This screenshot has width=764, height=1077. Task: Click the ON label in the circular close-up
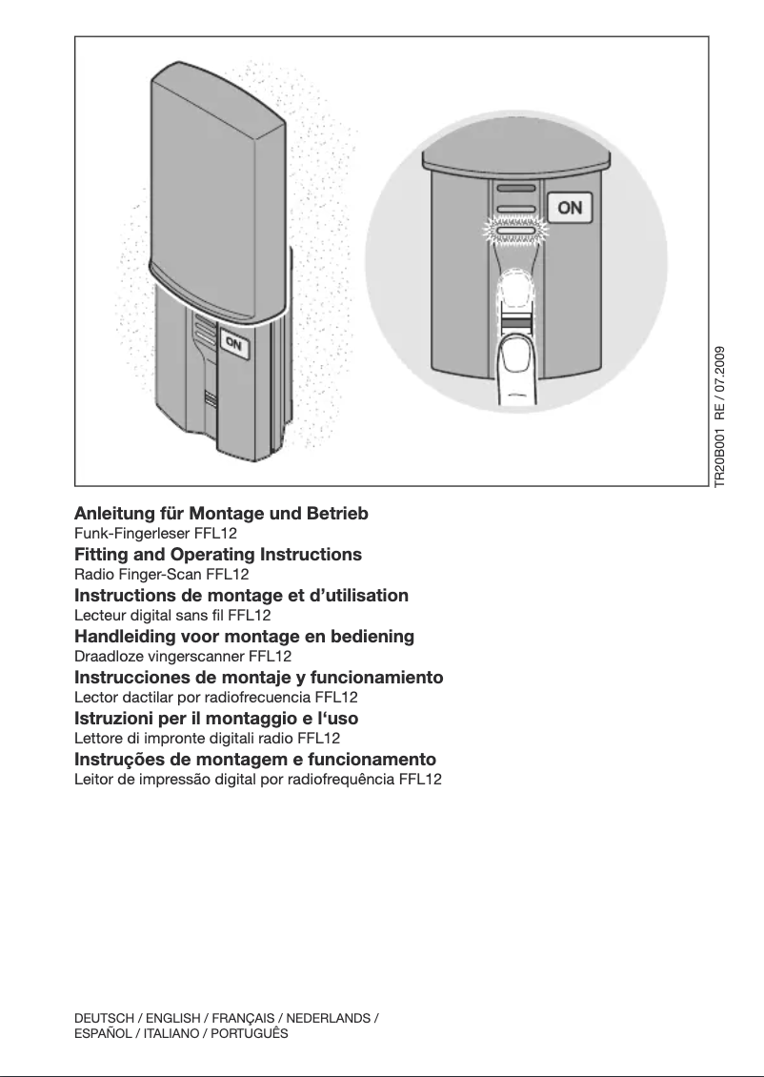(x=570, y=208)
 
